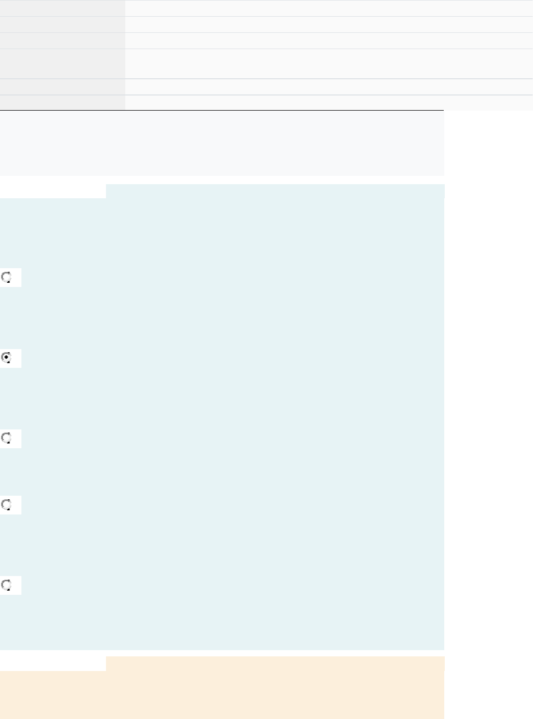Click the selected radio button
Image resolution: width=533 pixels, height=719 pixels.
(x=7, y=358)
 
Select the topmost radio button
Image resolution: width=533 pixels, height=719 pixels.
(x=7, y=278)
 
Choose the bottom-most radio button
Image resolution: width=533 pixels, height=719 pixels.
(x=7, y=585)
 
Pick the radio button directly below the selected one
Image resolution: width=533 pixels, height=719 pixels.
(x=7, y=438)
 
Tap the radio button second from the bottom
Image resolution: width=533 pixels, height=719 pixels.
(x=7, y=505)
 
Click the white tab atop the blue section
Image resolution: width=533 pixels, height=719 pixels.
(x=53, y=191)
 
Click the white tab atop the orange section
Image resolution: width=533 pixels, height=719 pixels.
(x=53, y=663)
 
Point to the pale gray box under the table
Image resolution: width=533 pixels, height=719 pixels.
(x=222, y=143)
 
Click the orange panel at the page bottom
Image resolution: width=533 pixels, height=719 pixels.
(x=222, y=694)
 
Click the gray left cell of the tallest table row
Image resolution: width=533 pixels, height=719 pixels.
(x=63, y=64)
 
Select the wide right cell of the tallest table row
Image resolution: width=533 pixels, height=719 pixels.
(x=329, y=64)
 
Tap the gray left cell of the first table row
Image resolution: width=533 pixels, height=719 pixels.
(x=63, y=8)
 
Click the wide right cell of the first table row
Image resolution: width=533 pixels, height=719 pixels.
(x=329, y=8)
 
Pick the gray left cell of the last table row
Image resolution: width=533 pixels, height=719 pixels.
(x=63, y=103)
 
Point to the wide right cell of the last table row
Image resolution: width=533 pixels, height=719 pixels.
(x=329, y=103)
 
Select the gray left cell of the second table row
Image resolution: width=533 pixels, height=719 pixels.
(x=63, y=25)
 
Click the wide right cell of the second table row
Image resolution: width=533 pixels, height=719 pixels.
(x=329, y=25)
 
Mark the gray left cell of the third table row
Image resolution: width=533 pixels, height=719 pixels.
(x=63, y=41)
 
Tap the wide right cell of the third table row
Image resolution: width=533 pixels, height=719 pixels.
(x=329, y=41)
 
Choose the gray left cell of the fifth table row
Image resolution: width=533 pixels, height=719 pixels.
(x=63, y=87)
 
